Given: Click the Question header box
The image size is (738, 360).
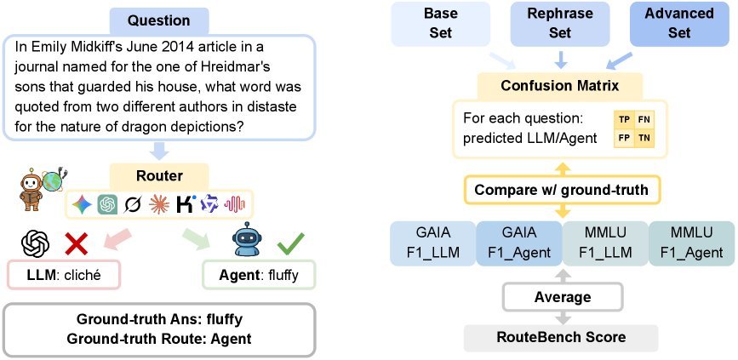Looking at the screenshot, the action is tap(158, 20).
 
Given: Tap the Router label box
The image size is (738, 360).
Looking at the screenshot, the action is tap(159, 176).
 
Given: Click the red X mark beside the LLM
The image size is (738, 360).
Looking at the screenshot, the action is tap(77, 244).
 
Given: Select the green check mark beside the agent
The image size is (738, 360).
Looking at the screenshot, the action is tap(290, 242).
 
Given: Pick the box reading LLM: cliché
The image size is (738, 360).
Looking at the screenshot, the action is tap(64, 274).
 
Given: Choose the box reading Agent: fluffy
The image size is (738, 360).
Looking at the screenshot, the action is tap(259, 274).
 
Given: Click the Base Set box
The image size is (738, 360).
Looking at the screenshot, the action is tap(441, 23).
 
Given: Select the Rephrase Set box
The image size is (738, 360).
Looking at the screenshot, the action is tap(560, 23).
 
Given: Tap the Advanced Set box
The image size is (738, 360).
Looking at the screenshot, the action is tap(679, 23).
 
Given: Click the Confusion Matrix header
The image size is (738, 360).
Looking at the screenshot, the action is tap(559, 86).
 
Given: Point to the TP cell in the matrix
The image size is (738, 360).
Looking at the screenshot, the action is tap(624, 120).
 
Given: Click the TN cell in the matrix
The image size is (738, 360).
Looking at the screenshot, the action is tap(644, 139).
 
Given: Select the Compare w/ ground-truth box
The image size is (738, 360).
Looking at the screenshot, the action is tap(561, 190).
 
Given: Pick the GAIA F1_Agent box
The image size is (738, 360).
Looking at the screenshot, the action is tap(519, 243).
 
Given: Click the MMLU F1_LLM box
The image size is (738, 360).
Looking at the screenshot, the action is tap(605, 243).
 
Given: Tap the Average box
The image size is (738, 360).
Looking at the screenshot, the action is tap(563, 297).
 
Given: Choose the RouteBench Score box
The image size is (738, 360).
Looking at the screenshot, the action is tap(561, 337).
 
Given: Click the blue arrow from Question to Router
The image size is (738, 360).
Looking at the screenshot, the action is tap(159, 151).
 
